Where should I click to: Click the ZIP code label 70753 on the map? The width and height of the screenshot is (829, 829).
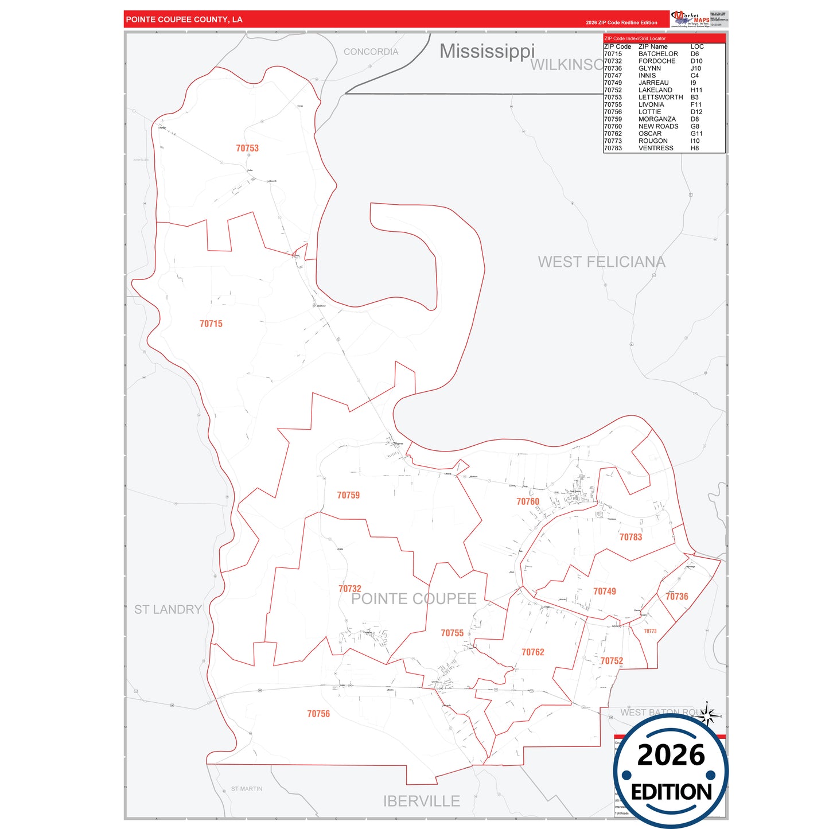point(247,148)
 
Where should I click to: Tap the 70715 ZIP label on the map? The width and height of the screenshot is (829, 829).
point(211,324)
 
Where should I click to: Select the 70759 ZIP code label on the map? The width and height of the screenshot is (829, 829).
point(348,495)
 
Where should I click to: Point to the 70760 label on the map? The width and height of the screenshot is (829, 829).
point(528,501)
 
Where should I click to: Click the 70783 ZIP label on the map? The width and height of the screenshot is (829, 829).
point(630,537)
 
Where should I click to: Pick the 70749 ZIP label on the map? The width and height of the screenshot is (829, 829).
point(605,591)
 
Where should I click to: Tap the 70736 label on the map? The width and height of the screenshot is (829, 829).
point(677,597)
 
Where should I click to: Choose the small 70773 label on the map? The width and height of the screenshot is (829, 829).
point(650,631)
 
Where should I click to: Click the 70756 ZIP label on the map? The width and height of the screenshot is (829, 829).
point(318,714)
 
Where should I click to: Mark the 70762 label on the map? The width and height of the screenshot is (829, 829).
point(533,652)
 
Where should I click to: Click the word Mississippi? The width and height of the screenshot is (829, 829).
point(487,51)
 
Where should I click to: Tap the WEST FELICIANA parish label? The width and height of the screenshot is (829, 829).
point(601,262)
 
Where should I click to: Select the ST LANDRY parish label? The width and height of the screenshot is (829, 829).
point(168,609)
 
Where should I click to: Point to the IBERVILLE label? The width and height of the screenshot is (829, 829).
point(422,801)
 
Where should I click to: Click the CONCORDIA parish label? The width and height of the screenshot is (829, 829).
point(371,52)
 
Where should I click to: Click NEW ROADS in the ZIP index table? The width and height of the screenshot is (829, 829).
point(658,126)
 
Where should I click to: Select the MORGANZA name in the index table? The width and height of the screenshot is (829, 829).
point(657,119)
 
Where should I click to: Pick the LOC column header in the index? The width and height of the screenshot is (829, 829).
point(697,46)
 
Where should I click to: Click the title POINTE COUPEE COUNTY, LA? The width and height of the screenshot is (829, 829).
point(184,20)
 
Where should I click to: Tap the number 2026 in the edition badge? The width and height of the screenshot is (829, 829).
point(671,755)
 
